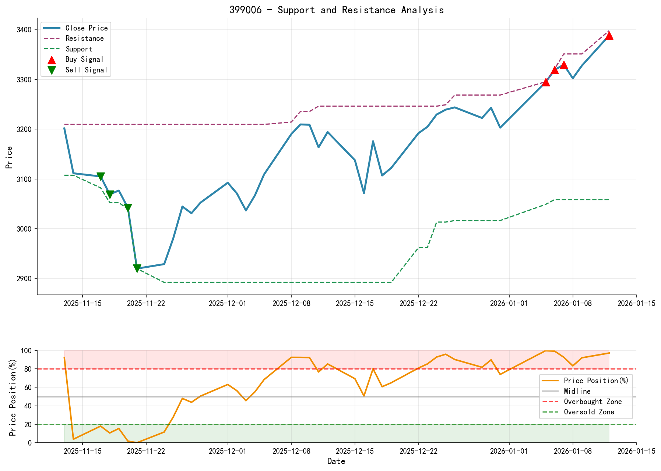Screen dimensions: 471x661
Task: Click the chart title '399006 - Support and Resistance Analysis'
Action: coord(336,10)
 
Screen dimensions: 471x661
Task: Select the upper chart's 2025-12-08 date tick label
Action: coord(291,303)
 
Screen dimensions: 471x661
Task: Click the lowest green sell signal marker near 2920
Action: coord(137,268)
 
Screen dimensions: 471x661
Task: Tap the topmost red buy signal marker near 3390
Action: coord(609,35)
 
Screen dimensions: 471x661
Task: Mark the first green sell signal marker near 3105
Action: coord(101,176)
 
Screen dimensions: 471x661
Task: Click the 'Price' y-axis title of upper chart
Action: coord(10,157)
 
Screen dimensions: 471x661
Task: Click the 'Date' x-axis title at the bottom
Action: coord(336,461)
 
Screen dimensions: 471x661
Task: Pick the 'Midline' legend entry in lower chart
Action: coord(577,391)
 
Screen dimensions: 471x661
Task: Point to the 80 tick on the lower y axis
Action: coord(29,369)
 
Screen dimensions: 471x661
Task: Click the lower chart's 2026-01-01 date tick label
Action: coord(509,451)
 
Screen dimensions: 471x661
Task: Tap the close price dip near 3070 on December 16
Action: coord(364,193)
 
